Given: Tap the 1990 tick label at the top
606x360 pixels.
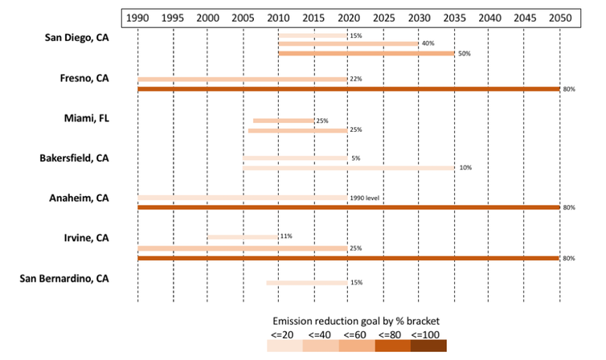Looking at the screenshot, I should tap(138, 17).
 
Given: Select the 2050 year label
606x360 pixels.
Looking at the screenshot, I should tap(560, 17).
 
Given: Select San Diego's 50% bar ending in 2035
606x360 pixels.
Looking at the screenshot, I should tap(366, 53).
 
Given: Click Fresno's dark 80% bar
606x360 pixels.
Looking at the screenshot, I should tap(349, 88).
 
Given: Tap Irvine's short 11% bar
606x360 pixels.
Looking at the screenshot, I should tap(243, 237).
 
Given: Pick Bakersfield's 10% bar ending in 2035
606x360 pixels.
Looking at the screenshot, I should tap(349, 168).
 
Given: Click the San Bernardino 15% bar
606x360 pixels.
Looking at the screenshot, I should tap(307, 283).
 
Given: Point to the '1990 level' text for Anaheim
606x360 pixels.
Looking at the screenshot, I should tap(364, 198).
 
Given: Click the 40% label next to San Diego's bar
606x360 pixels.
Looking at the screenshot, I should tap(428, 44).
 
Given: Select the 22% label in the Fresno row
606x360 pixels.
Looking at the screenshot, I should tap(356, 80).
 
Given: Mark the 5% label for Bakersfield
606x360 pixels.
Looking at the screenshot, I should tap(355, 158).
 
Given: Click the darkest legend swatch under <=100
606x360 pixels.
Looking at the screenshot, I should tap(428, 346).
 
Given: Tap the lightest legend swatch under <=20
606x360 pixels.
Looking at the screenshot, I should tap(285, 346).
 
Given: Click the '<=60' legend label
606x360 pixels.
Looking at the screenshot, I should tap(356, 333).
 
